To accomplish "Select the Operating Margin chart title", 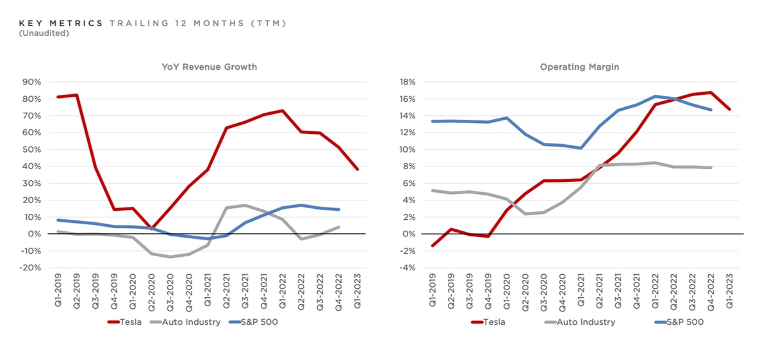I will tap(579, 67).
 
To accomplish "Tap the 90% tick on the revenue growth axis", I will tap(33, 82).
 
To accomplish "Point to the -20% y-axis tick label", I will tap(31, 268).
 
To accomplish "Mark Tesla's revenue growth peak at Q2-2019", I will tap(77, 95).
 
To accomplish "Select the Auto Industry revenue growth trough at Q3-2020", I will tap(170, 257).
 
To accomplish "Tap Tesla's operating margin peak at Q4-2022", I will tap(710, 92).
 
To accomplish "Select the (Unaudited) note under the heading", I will tap(44, 33).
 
